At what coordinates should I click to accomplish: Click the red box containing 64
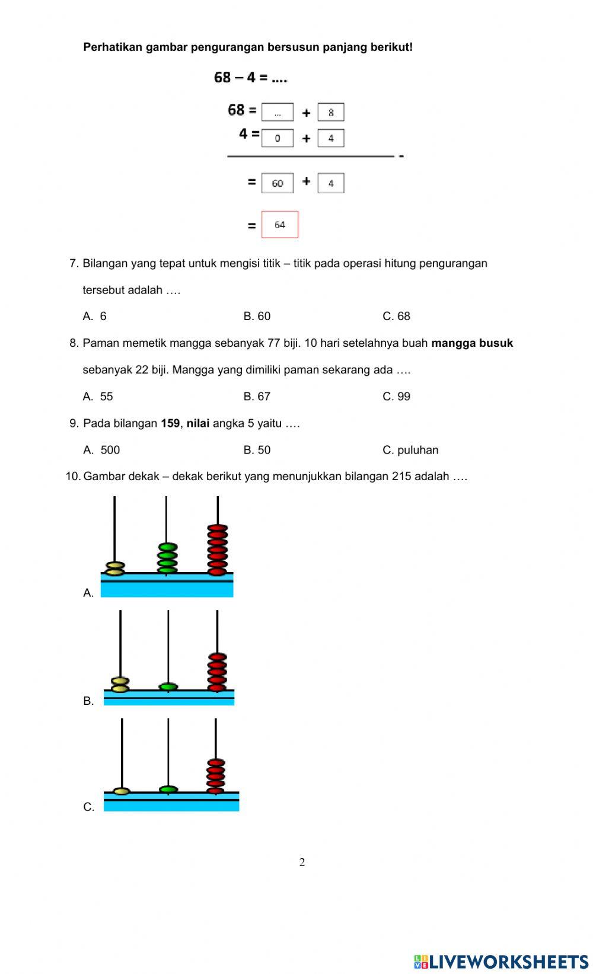click(x=280, y=225)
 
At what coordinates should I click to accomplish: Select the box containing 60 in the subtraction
click(x=278, y=183)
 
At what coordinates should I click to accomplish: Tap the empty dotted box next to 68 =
click(x=278, y=112)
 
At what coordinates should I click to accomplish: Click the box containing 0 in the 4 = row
click(x=278, y=138)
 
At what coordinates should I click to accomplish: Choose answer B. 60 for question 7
click(x=257, y=316)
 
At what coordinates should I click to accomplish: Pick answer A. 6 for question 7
click(x=95, y=316)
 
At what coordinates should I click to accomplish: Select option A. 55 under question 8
click(x=98, y=396)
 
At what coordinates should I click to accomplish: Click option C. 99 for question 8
click(x=396, y=396)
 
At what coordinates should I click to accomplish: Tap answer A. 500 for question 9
click(x=101, y=449)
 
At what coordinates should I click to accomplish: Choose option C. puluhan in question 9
click(x=410, y=449)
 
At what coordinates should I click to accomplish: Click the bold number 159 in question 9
click(x=170, y=423)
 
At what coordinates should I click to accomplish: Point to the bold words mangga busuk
click(x=472, y=343)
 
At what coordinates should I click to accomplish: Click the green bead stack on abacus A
click(x=167, y=558)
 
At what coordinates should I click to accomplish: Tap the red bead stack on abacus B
click(x=218, y=672)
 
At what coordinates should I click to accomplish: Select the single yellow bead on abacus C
click(x=122, y=791)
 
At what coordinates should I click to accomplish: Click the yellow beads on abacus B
click(x=120, y=685)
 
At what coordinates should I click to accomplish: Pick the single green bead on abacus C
click(x=168, y=789)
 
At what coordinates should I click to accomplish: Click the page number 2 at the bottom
click(x=302, y=862)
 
